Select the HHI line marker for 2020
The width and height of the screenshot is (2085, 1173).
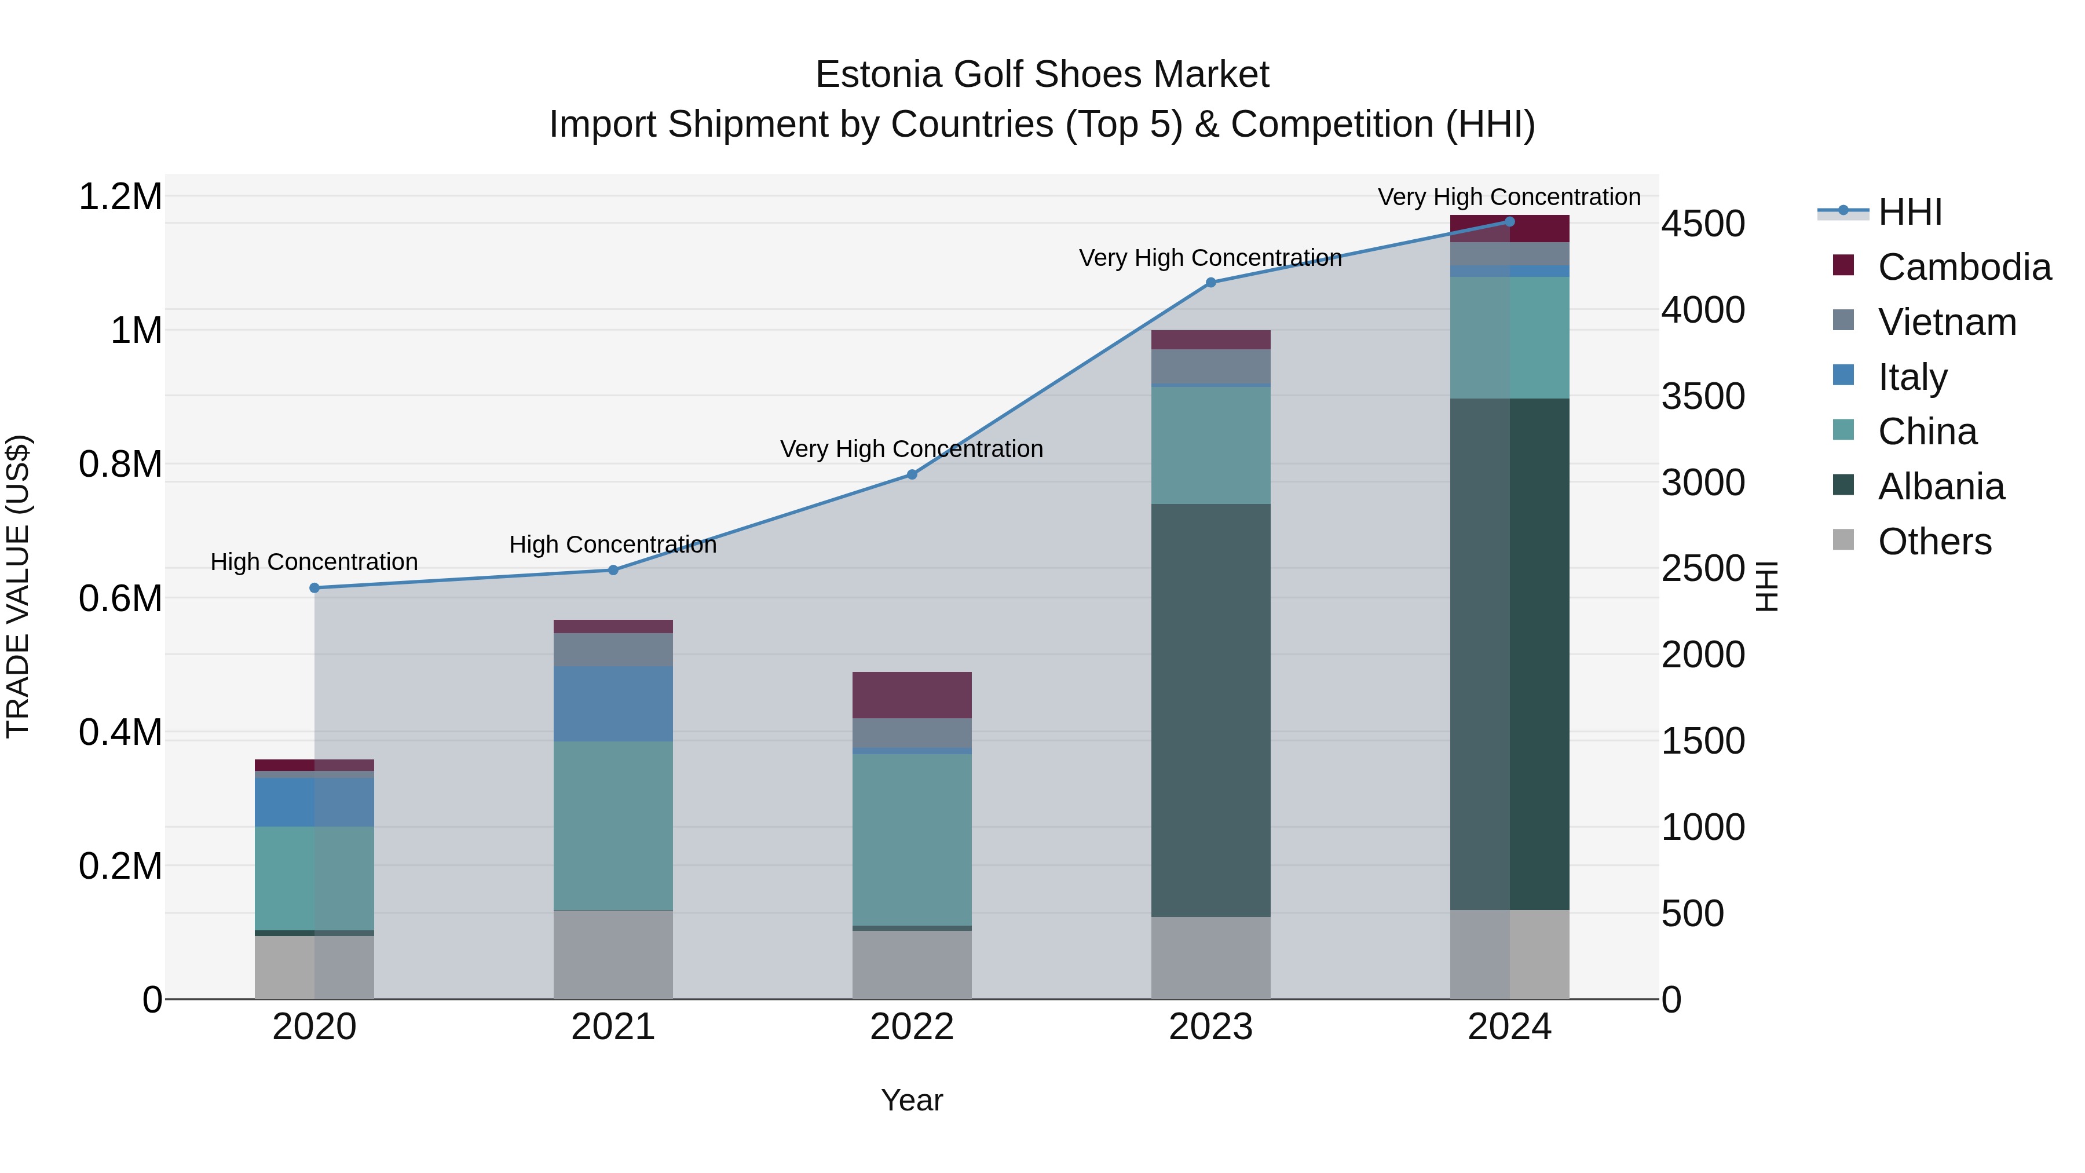click(315, 588)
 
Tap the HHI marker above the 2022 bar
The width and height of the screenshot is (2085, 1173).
click(912, 474)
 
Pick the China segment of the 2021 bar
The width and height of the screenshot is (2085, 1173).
click(613, 825)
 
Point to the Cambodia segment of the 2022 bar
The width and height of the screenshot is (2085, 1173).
click(912, 695)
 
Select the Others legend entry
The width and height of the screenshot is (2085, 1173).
click(1934, 542)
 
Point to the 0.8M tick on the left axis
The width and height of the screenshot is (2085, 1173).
click(120, 465)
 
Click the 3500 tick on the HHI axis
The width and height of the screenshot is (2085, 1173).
click(1703, 397)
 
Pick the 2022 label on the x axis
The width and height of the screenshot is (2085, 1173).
click(912, 1027)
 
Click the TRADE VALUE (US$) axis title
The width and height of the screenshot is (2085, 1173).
click(18, 586)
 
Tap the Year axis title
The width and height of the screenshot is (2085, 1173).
click(912, 1100)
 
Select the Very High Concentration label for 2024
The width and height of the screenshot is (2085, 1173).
click(1509, 197)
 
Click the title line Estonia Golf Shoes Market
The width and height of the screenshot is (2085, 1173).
click(1042, 75)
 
